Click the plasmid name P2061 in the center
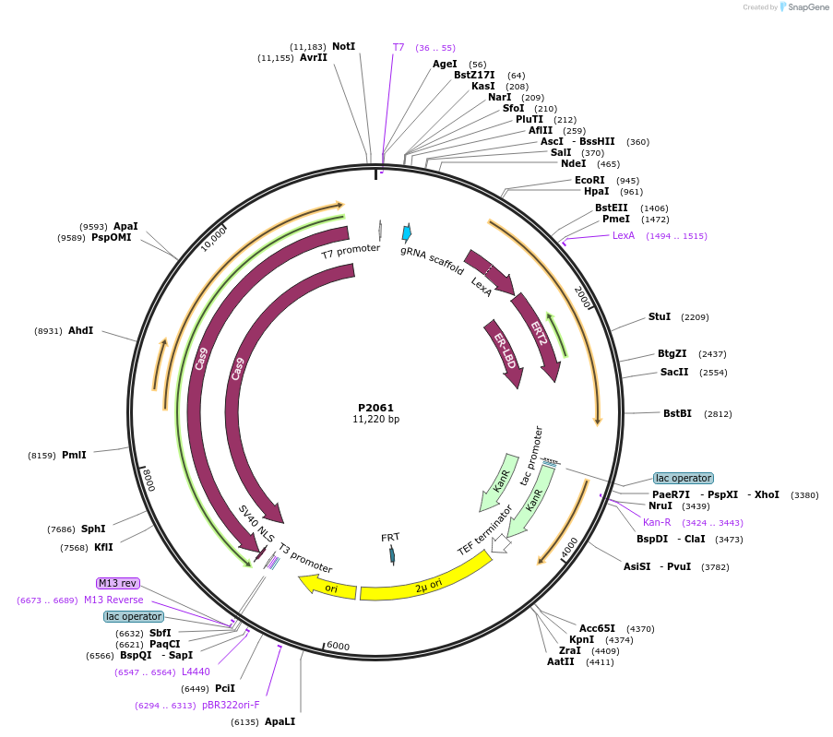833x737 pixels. [375, 407]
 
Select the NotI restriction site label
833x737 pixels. [343, 46]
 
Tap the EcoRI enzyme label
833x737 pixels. [589, 180]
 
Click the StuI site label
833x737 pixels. [660, 316]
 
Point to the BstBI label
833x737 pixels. [677, 413]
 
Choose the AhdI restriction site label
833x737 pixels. [80, 330]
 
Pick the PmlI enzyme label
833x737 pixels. [74, 455]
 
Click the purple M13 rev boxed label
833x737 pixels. [118, 583]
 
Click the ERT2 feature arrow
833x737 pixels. [538, 336]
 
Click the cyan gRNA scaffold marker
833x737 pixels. [406, 233]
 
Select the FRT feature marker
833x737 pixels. [392, 553]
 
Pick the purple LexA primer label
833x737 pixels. [624, 236]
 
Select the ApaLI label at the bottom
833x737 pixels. [280, 721]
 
